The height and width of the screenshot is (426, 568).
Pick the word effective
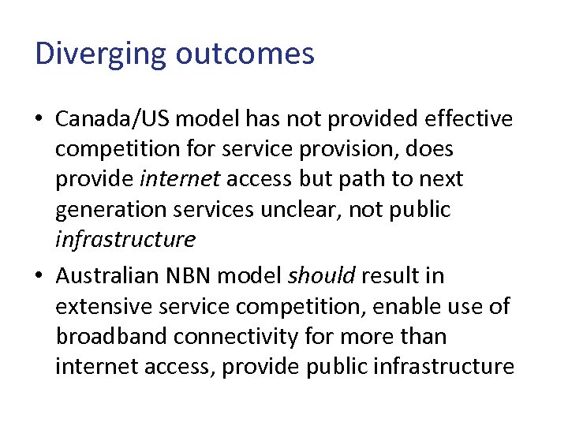469,119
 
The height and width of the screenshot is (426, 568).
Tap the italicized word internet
181,179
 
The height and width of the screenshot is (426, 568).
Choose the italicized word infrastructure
125,239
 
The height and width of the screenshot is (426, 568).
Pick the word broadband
112,336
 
